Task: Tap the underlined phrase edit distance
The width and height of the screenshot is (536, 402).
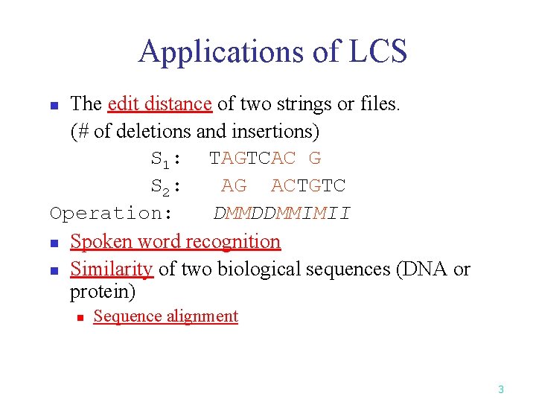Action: pyautogui.click(x=160, y=104)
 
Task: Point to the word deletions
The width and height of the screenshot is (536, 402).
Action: pyautogui.click(x=156, y=132)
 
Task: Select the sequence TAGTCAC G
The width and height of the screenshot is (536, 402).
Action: pyautogui.click(x=265, y=159)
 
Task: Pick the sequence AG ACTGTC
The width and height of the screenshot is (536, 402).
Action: pyautogui.click(x=284, y=186)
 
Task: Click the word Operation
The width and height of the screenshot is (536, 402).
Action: pyautogui.click(x=111, y=214)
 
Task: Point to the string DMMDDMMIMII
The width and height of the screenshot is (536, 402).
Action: pyautogui.click(x=281, y=214)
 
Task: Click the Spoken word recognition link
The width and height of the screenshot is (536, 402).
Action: pyautogui.click(x=175, y=241)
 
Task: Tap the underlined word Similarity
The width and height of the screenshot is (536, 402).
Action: pyautogui.click(x=112, y=269)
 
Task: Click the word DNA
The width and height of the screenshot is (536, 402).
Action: pyautogui.click(x=424, y=269)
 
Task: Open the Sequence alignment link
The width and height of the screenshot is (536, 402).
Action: pyautogui.click(x=165, y=316)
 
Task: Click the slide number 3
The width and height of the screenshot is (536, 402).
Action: pyautogui.click(x=501, y=389)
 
